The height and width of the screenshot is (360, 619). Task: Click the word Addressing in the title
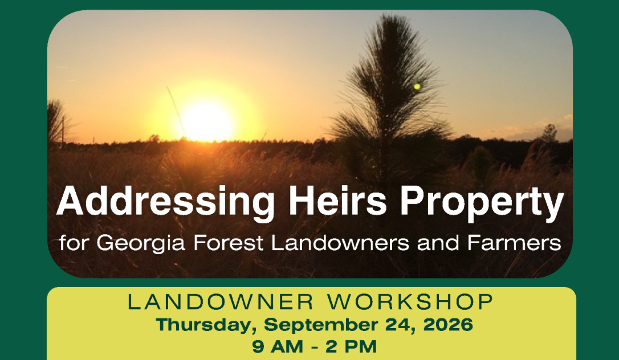point(165,202)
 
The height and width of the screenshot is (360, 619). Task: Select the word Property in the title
point(482,203)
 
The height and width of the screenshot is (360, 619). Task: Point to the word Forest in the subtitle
point(228,243)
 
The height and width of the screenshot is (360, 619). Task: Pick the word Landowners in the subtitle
point(340,243)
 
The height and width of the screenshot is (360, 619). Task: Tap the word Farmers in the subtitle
point(514,243)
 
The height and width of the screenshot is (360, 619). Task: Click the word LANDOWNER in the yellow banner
point(220,302)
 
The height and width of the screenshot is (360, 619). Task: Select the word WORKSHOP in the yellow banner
point(411,302)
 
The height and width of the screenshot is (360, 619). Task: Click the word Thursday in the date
point(205,325)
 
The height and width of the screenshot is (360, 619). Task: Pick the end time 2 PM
point(351,346)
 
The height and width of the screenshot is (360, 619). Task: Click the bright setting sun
point(206,121)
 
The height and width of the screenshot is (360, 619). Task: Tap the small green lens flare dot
point(417,87)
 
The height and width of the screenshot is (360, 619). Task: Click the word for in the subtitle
point(73,243)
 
